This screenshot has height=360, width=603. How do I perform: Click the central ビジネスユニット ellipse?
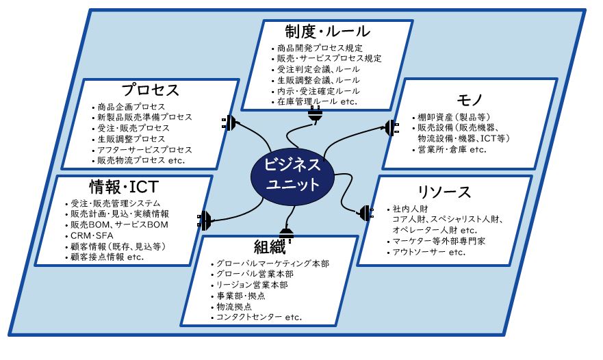tap(292, 176)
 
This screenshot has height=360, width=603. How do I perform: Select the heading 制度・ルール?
tap(327, 31)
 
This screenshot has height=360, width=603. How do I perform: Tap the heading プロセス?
tap(151, 90)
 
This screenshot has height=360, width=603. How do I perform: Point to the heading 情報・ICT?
tap(124, 187)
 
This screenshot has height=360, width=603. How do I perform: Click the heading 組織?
tap(270, 246)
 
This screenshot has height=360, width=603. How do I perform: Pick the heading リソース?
tap(445, 192)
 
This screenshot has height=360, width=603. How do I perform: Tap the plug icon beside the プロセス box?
tap(229, 123)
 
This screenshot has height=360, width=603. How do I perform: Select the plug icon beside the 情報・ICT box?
tap(204, 220)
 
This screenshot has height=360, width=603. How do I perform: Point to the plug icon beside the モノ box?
tap(392, 128)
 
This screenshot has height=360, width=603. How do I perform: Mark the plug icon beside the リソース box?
tap(366, 213)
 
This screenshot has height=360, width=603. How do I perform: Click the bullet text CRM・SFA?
tap(92, 235)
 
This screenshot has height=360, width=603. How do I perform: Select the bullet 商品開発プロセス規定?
tap(320, 48)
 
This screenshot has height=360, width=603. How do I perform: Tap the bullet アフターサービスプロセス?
tap(144, 150)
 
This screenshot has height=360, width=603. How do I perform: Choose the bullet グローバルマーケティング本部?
tap(272, 263)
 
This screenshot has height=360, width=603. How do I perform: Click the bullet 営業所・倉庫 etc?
tap(452, 149)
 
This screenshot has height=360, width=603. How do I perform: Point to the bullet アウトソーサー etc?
tap(428, 252)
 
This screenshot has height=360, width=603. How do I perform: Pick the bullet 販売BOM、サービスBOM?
tap(119, 224)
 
